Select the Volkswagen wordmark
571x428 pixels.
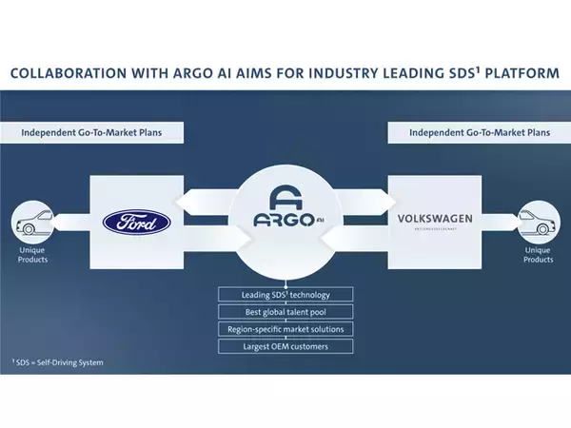[436, 220]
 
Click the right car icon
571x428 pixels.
[539, 226]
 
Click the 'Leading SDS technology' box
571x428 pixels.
[285, 294]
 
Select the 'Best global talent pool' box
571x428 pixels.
[285, 311]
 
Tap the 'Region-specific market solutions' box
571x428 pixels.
[285, 329]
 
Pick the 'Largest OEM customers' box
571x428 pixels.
[285, 346]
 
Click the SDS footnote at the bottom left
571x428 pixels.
[58, 363]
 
